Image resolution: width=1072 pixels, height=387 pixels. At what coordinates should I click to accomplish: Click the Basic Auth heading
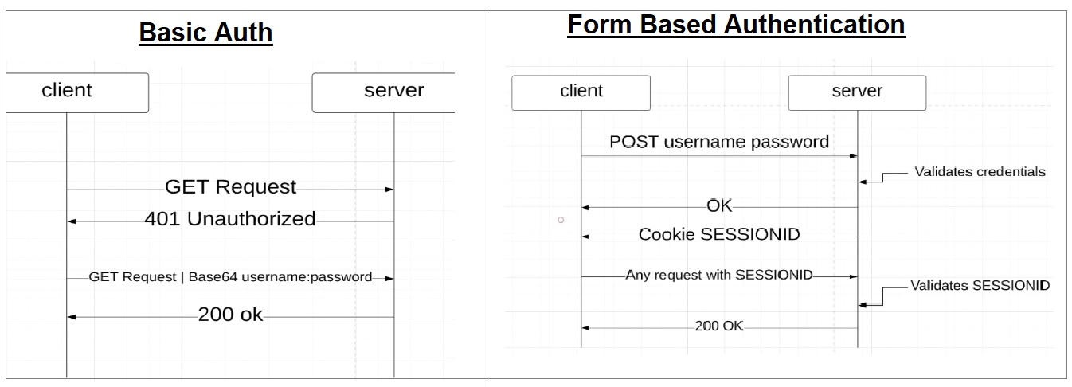coord(205,33)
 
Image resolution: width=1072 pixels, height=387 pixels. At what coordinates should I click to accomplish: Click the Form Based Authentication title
coord(735,25)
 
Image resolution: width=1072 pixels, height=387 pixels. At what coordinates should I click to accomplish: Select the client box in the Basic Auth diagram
coord(76,92)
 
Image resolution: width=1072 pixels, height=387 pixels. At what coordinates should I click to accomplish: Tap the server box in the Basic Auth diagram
coord(384,92)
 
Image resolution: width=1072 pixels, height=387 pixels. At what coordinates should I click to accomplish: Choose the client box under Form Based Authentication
coord(581,92)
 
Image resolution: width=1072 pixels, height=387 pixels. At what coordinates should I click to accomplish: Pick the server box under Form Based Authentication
coord(857,92)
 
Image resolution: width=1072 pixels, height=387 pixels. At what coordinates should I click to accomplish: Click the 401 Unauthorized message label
coord(229,219)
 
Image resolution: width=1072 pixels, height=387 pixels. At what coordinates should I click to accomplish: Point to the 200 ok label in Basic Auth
coord(230,315)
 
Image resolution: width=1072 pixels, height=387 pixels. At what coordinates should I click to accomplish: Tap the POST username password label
coord(718,142)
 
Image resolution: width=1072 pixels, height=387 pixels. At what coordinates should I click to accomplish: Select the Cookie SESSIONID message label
coord(719,235)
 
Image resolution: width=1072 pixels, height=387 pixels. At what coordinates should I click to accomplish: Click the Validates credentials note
coord(980,171)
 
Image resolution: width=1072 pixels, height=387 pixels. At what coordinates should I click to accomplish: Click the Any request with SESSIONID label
coord(719,275)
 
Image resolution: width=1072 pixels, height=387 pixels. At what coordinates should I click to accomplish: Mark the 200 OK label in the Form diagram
coord(718,326)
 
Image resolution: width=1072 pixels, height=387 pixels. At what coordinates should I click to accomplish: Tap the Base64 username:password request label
coord(230,277)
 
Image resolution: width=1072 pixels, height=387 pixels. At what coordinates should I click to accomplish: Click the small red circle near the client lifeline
coord(561,219)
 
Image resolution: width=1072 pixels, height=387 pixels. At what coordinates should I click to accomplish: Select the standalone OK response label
coord(719,206)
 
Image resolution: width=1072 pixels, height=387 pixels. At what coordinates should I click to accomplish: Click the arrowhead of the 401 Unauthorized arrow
coord(71,221)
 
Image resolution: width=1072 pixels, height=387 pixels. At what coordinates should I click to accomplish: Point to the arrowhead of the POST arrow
coord(853,156)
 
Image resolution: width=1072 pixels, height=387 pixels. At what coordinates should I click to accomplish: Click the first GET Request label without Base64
coord(230,187)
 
